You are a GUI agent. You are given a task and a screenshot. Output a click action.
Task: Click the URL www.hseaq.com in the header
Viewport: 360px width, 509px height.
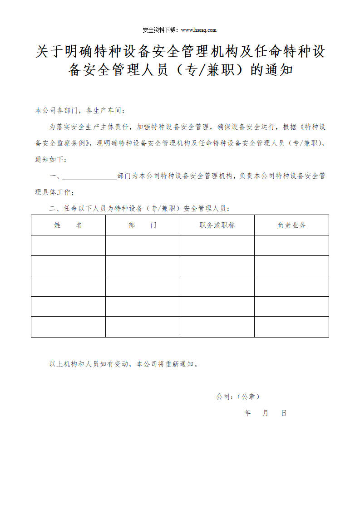coord(199,30)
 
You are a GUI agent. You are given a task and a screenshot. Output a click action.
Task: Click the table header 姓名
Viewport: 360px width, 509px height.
coord(68,225)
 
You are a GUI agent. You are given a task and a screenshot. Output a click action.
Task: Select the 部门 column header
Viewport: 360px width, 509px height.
coord(143,225)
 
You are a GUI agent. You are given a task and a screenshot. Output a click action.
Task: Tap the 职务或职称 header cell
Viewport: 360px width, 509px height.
coord(217,225)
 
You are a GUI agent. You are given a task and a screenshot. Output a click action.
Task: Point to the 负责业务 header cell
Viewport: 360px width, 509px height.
coord(291,225)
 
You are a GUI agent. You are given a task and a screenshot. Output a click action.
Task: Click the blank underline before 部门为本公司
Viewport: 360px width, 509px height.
coord(89,176)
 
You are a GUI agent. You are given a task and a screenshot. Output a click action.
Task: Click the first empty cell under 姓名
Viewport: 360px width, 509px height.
coord(68,245)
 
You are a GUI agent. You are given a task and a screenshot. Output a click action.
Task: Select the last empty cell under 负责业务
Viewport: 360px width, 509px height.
coord(291,327)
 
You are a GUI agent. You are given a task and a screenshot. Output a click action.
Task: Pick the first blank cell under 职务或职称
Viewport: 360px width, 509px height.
coord(217,245)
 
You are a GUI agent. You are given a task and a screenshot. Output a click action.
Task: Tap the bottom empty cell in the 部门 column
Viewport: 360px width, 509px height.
coord(143,327)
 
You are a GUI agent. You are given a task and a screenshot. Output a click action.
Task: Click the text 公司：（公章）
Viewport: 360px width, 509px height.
coord(238,396)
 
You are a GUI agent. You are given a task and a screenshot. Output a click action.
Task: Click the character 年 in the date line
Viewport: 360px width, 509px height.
coord(247,413)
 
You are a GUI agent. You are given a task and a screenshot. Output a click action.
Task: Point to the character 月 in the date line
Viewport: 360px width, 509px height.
coord(266,413)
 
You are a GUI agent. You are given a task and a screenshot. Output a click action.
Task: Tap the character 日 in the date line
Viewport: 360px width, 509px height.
coord(284,413)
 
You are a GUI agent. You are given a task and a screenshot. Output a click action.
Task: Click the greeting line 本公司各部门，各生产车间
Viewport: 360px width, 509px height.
coord(79,110)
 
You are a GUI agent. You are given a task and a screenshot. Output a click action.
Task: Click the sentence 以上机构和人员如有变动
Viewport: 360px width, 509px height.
coord(123,364)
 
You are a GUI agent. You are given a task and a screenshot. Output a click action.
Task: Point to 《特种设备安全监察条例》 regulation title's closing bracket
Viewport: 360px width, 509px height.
coord(93,143)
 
